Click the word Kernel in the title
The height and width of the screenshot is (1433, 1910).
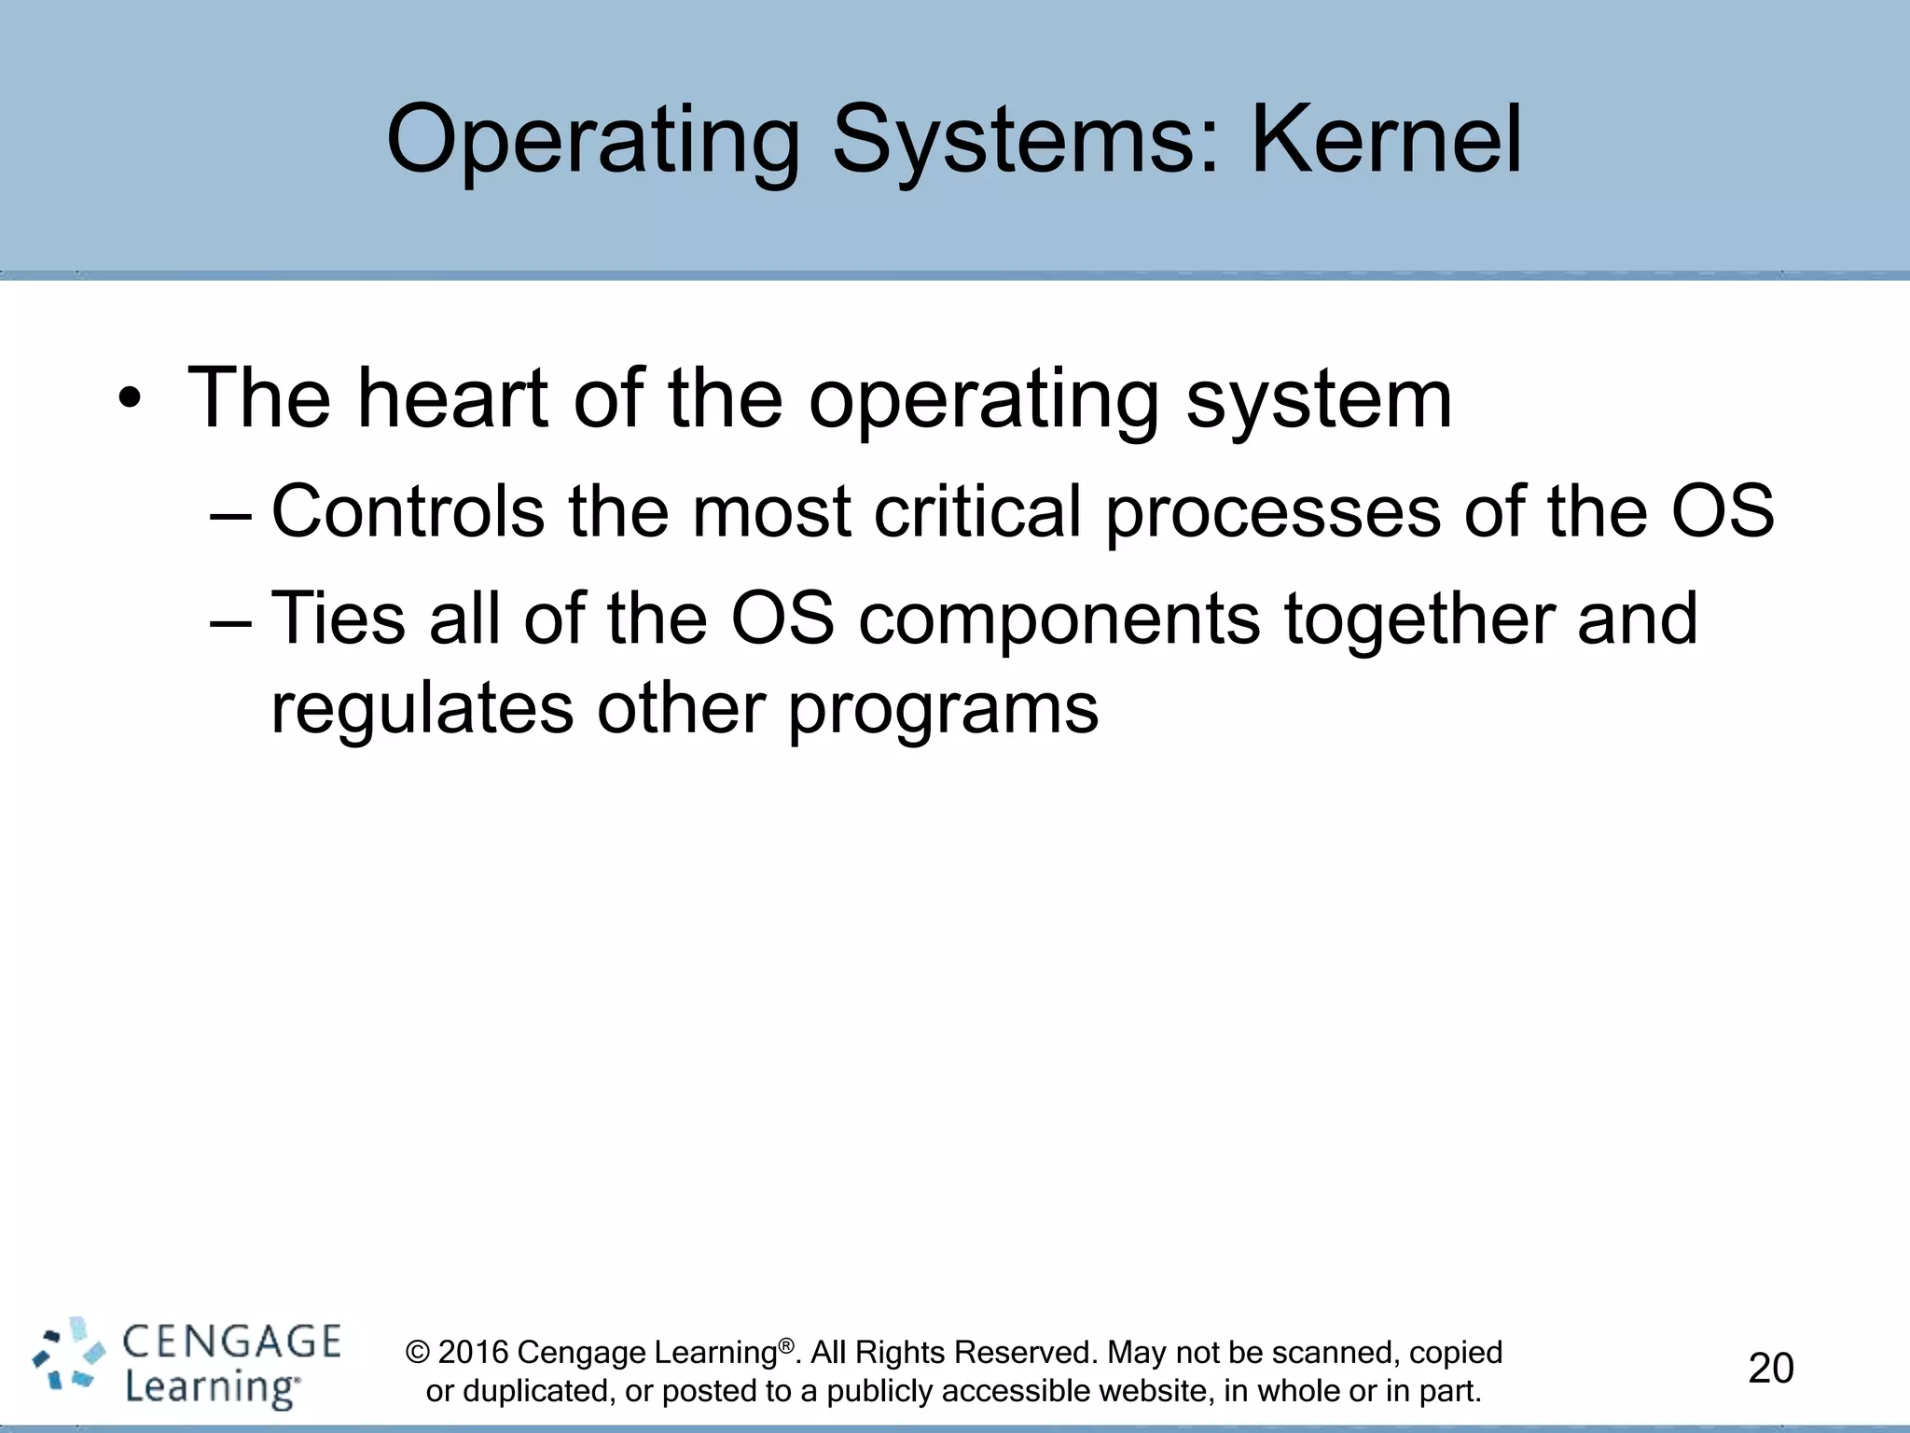point(1386,140)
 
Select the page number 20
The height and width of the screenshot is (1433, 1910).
point(1770,1369)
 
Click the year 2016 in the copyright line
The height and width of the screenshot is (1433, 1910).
point(473,1352)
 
